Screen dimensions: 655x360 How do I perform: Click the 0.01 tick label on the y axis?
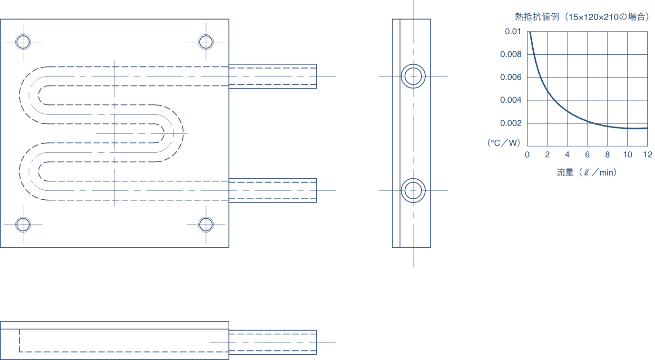click(x=513, y=31)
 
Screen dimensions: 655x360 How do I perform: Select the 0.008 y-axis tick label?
click(x=510, y=54)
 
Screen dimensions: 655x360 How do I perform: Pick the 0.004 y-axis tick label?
click(x=510, y=100)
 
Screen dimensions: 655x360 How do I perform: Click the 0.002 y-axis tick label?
click(x=510, y=123)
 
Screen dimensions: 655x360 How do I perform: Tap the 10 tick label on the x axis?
click(x=627, y=155)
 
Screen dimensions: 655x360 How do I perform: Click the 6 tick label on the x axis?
click(x=587, y=155)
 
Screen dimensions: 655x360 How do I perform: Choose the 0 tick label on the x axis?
click(x=527, y=155)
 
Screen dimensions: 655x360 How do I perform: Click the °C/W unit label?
click(x=504, y=143)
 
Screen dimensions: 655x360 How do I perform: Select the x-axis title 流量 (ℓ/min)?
click(x=587, y=173)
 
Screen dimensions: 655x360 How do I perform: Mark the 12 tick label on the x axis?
click(x=648, y=155)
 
